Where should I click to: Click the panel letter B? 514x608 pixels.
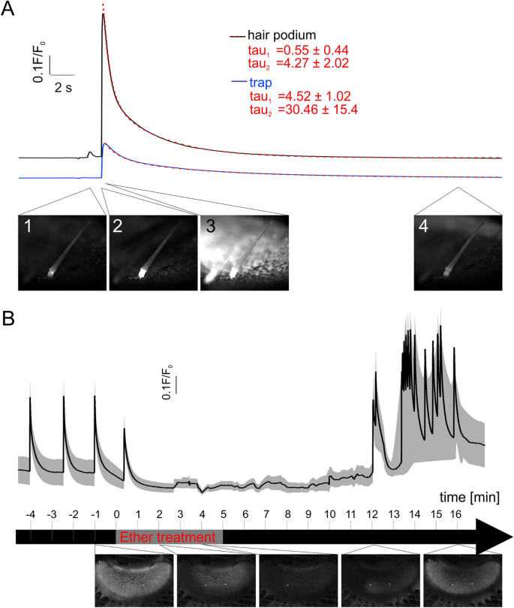coord(11,319)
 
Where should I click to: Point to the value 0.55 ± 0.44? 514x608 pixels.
coord(311,50)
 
